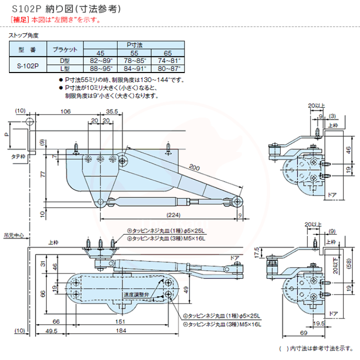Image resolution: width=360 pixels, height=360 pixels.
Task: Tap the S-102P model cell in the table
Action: (28, 64)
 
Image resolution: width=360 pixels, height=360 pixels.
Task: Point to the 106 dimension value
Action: (65, 112)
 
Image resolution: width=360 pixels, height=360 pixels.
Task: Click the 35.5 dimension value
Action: (112, 112)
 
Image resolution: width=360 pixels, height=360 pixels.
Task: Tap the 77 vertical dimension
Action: (43, 174)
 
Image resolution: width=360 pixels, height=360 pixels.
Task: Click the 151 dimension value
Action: (120, 322)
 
